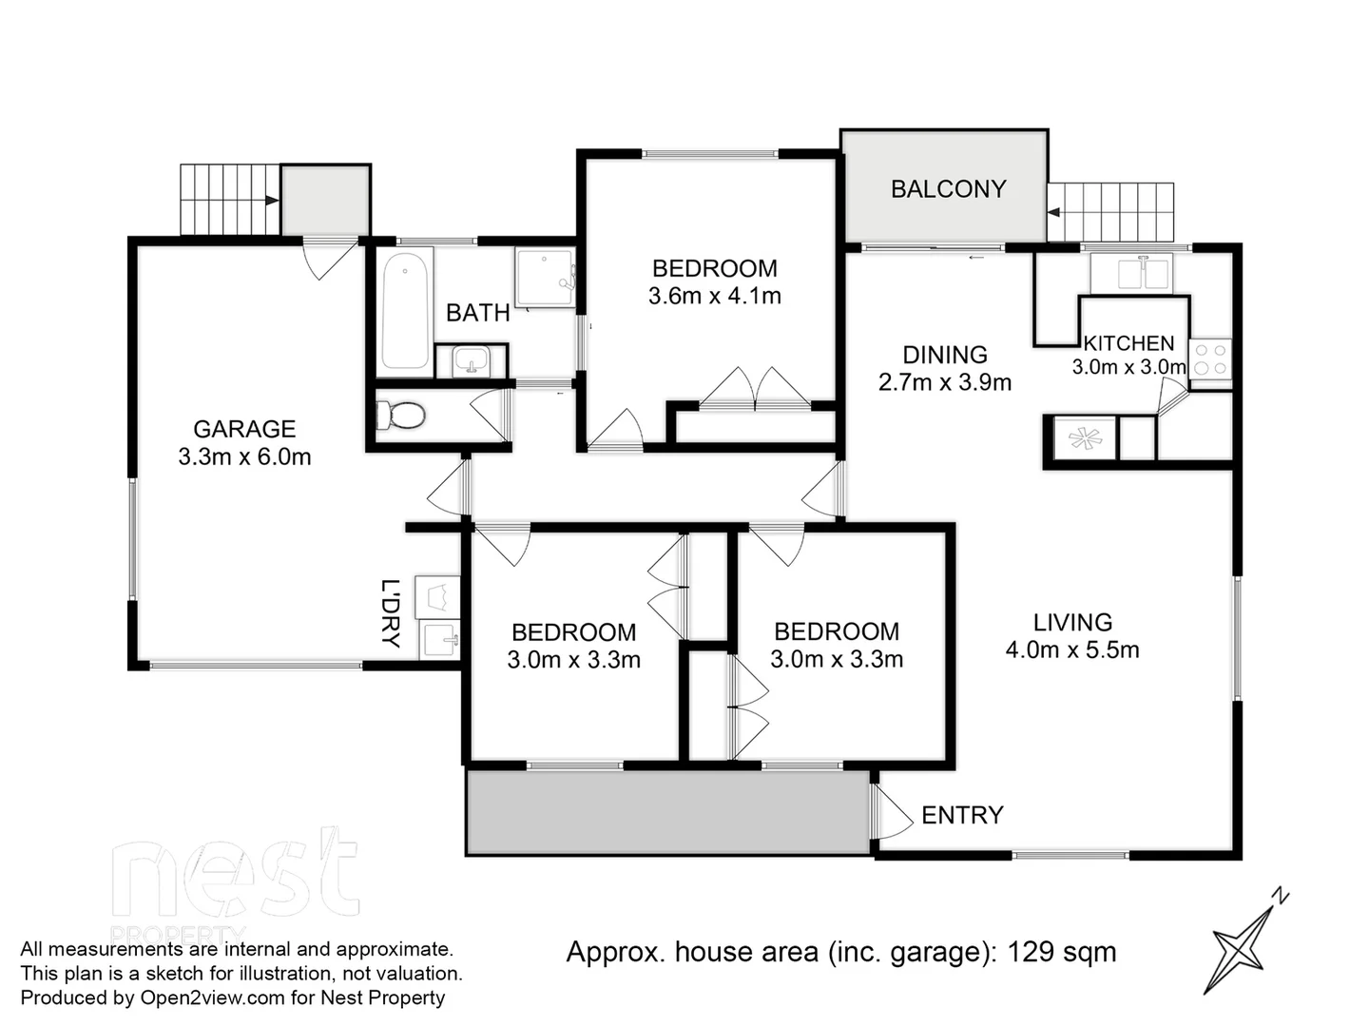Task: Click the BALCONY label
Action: pyautogui.click(x=948, y=189)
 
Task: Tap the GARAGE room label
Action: pyautogui.click(x=244, y=429)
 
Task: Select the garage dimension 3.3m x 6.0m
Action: pyautogui.click(x=244, y=457)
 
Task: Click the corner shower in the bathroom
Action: pyautogui.click(x=545, y=278)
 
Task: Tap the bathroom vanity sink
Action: pyautogui.click(x=471, y=361)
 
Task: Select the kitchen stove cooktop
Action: pyautogui.click(x=1211, y=359)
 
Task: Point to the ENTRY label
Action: pyautogui.click(x=962, y=815)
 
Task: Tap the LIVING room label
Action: pyautogui.click(x=1072, y=623)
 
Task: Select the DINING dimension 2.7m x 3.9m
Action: pyautogui.click(x=944, y=382)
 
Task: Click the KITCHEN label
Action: pyautogui.click(x=1129, y=343)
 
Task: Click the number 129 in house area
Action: pyautogui.click(x=1030, y=952)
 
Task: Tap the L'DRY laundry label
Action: pyautogui.click(x=391, y=612)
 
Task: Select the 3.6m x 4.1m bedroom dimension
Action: pyautogui.click(x=714, y=297)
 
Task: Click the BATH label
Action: pyautogui.click(x=477, y=313)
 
